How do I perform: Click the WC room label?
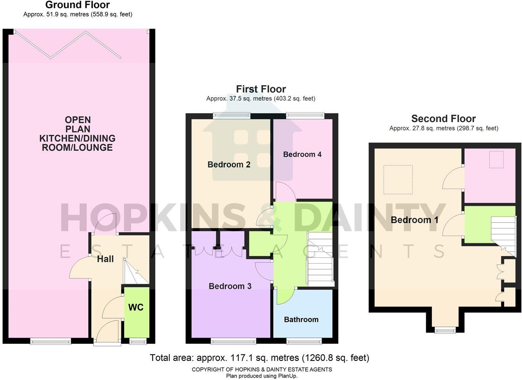pos(136,307)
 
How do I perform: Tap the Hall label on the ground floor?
pos(105,259)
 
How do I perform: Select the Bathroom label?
pos(301,320)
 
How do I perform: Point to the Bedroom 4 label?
pos(302,154)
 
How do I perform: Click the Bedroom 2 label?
pos(229,165)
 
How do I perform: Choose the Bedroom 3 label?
pos(230,286)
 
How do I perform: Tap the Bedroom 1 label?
pos(414,220)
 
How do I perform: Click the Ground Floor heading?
pos(77,5)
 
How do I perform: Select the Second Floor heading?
pos(443,118)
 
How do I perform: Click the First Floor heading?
pos(261,89)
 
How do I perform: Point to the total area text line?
pos(259,358)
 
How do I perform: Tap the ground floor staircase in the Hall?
pos(134,272)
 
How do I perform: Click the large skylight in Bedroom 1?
pos(398,179)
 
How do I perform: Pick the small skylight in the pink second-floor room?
pos(496,160)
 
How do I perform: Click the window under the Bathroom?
pos(304,341)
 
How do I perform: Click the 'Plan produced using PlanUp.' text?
pos(262,376)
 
